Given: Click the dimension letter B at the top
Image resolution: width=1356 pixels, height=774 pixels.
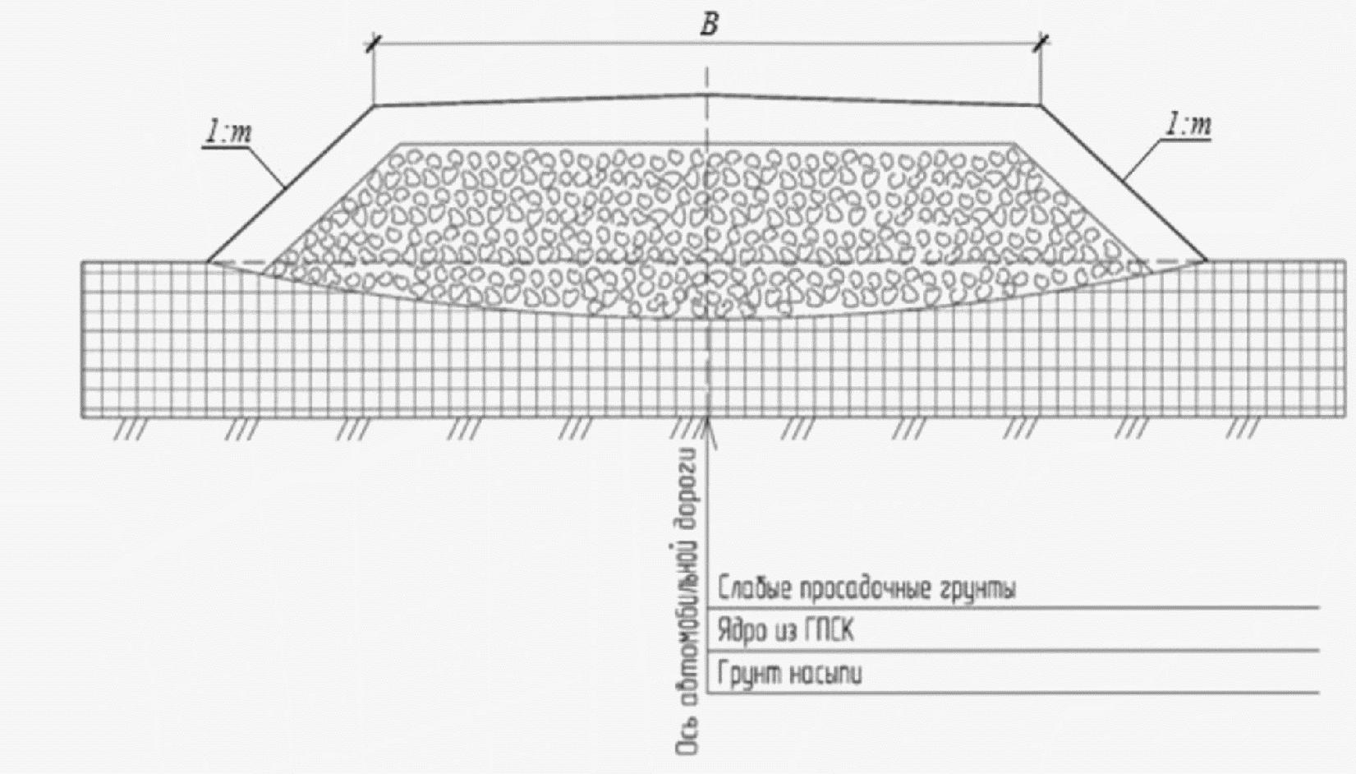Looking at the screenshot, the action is pos(709,25).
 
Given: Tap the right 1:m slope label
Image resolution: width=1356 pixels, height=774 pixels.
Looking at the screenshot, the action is pos(1188,127).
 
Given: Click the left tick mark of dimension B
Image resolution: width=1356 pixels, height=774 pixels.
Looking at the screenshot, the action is pos(374,43).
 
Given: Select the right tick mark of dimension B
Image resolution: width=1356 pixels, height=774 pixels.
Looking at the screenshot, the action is pos(1041,43).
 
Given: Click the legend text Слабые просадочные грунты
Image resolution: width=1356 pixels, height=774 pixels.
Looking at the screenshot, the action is pos(866,589).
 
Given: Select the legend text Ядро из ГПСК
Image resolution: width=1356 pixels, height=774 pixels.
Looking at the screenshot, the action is pos(785,632).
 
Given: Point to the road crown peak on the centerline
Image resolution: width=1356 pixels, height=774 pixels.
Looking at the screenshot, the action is pos(707,94).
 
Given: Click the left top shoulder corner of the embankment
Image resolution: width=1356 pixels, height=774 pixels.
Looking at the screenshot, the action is pos(375,105).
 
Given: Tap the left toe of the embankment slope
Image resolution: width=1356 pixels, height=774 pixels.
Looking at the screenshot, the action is pos(208,262).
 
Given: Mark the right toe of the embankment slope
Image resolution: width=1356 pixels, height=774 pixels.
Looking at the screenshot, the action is pos(1207,261).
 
